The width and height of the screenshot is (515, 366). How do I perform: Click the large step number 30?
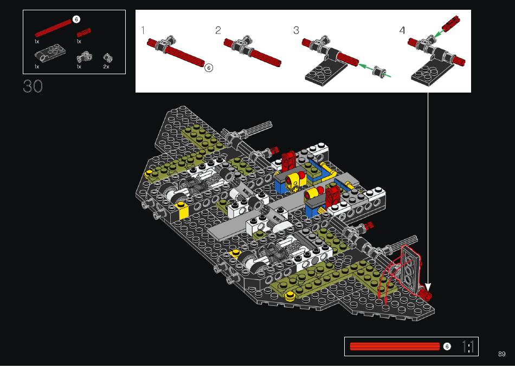(x=33, y=86)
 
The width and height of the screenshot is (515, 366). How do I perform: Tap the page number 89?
(x=501, y=354)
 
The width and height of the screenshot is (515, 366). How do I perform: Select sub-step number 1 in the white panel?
(x=143, y=30)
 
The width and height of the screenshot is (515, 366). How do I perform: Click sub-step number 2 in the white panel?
(x=218, y=30)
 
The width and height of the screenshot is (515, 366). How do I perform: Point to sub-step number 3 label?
(x=296, y=30)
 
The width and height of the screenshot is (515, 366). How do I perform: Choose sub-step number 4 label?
(x=402, y=30)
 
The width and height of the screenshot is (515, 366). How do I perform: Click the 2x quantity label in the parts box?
(x=106, y=67)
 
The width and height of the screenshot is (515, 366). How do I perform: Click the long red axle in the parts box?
(x=53, y=28)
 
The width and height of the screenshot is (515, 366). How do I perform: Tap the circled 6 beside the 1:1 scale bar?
(x=447, y=347)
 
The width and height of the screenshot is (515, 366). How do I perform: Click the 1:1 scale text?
(x=468, y=347)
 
